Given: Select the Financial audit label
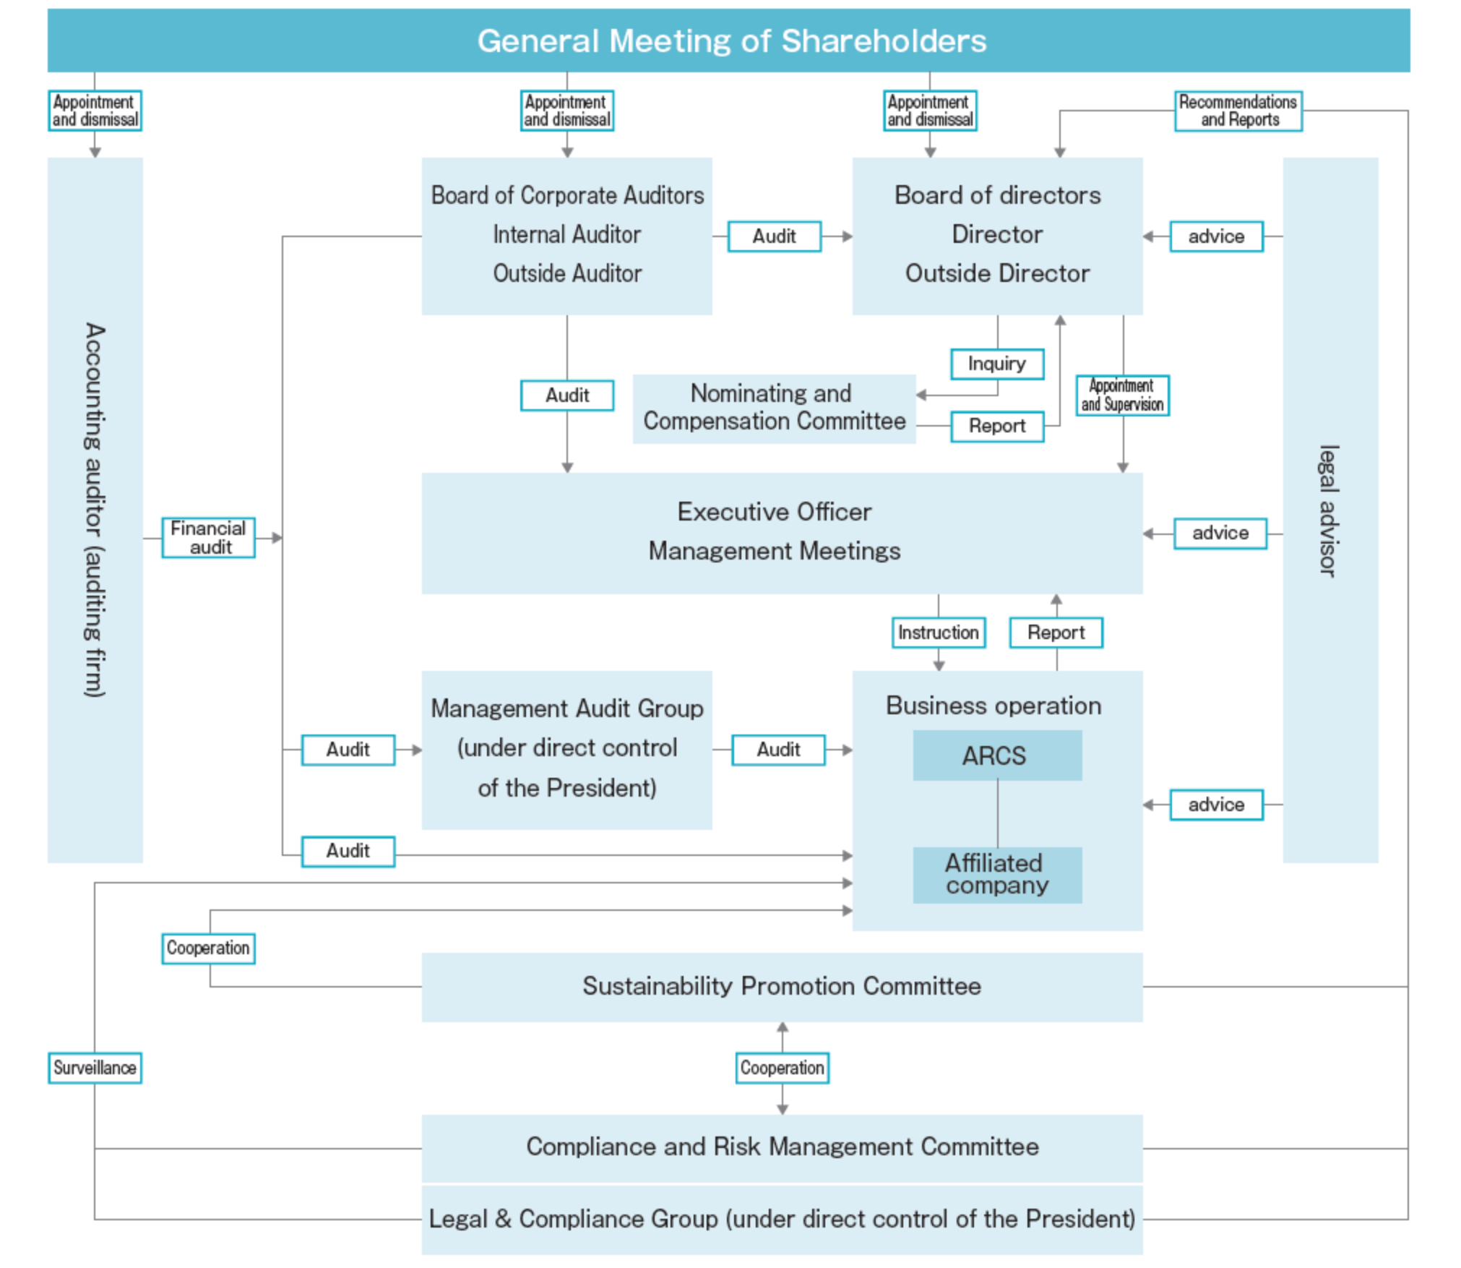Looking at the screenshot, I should [x=208, y=538].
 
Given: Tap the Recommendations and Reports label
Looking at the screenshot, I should [x=1238, y=111].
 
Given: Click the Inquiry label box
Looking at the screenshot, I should [x=996, y=364].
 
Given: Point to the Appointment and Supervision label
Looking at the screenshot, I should [x=1121, y=395].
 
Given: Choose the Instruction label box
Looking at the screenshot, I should [x=938, y=633].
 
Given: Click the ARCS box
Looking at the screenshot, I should [x=996, y=755].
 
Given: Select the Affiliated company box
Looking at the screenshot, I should [x=996, y=874].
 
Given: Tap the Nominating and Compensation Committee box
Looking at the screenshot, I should [x=773, y=408].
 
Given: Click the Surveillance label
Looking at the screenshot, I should [x=95, y=1068].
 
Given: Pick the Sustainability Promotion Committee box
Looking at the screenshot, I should [x=781, y=986].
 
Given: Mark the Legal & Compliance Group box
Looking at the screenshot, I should [x=781, y=1219].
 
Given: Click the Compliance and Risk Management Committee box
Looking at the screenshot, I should [x=781, y=1147].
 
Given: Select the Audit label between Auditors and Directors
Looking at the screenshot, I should [x=774, y=236].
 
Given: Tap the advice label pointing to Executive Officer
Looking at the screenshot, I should [x=1220, y=534].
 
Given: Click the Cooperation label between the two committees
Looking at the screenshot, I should [x=782, y=1068].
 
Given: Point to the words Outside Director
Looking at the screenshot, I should [x=996, y=273].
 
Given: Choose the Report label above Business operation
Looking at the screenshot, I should [x=1056, y=633].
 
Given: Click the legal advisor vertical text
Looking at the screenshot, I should [x=1329, y=510].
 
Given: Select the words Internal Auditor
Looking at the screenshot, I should [x=566, y=234].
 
